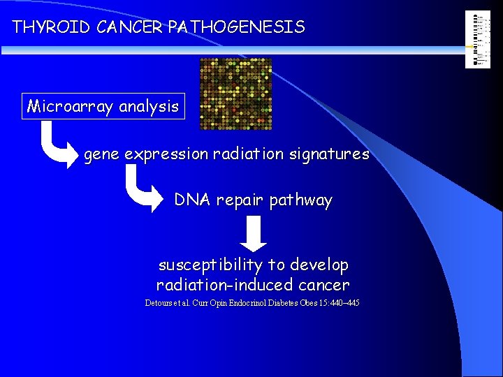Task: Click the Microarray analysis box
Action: pyautogui.click(x=103, y=107)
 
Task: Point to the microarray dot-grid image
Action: pyautogui.click(x=235, y=94)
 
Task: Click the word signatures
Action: pyautogui.click(x=333, y=154)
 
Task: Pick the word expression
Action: pyautogui.click(x=166, y=154)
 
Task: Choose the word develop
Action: pyautogui.click(x=319, y=265)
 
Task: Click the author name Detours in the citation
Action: pyautogui.click(x=159, y=303)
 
